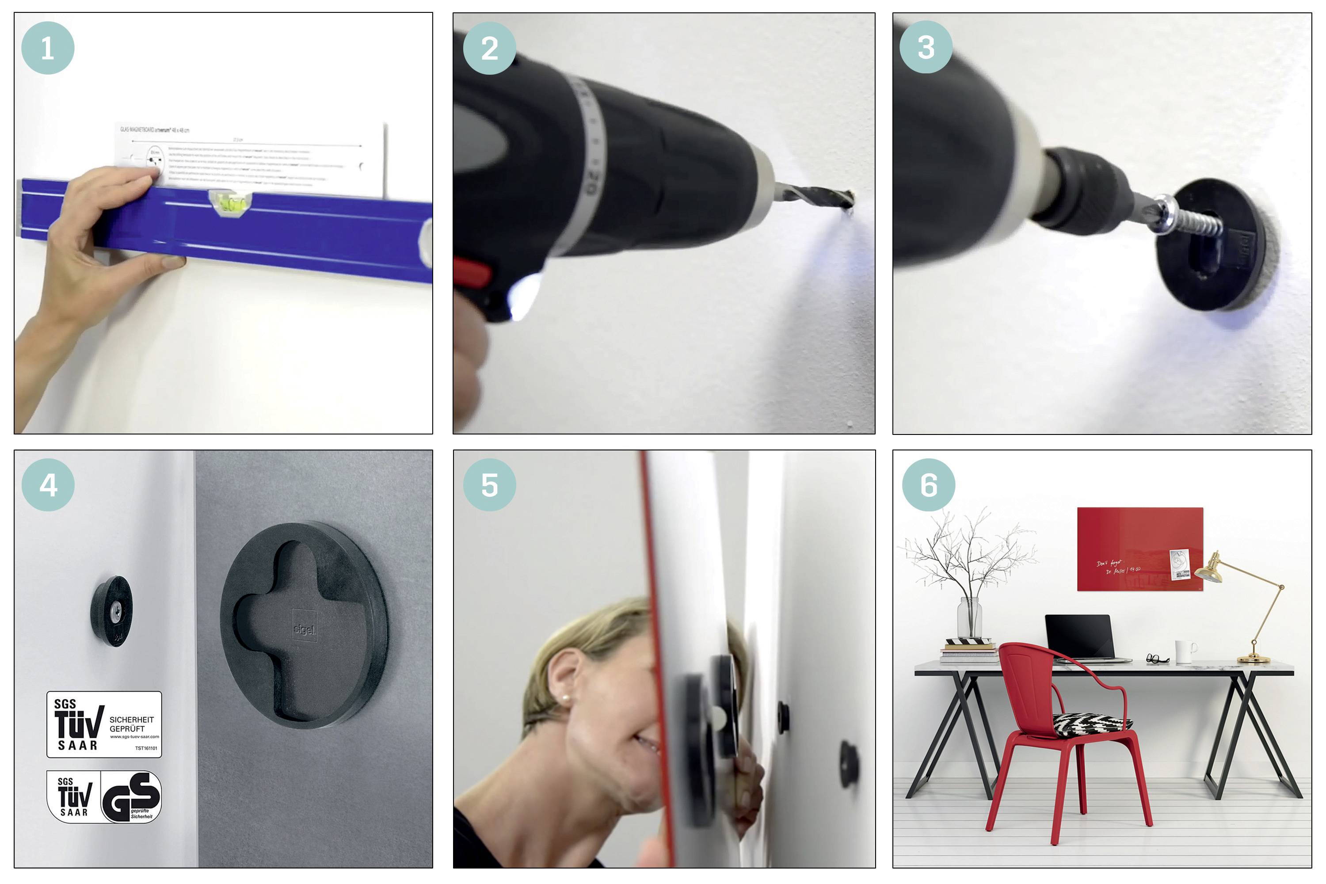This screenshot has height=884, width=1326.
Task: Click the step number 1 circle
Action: [x=48, y=48]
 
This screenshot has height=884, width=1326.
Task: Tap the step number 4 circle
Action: [x=48, y=485]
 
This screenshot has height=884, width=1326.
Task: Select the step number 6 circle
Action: [x=929, y=485]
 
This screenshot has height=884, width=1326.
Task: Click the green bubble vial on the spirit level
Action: [x=231, y=204]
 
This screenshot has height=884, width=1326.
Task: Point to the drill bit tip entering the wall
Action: [x=849, y=199]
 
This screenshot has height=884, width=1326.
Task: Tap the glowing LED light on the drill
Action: [x=523, y=296]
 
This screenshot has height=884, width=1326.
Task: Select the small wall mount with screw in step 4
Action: [x=112, y=610]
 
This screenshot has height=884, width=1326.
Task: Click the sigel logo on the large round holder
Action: [x=305, y=629]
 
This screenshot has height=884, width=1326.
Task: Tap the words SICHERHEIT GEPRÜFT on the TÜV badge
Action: [x=131, y=724]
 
